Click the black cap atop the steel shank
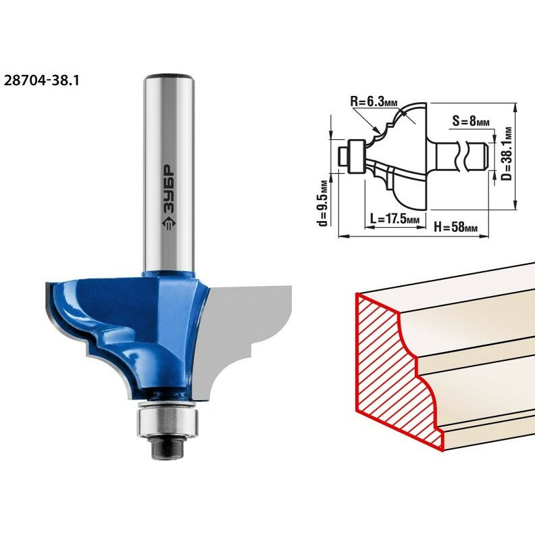(169, 76)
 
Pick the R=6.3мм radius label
(374, 101)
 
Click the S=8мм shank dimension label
(471, 121)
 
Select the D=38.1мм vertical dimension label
(508, 154)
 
